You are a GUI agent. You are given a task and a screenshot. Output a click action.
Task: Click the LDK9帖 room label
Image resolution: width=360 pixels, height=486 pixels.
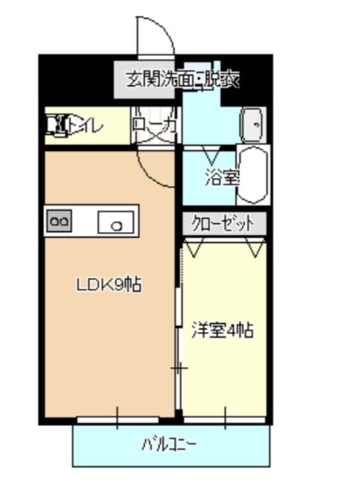tap(109, 284)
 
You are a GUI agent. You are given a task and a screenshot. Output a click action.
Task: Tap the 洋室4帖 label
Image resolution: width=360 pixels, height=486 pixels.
tap(223, 331)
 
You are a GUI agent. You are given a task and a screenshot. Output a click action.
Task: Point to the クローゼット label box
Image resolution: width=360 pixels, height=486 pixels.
tap(223, 224)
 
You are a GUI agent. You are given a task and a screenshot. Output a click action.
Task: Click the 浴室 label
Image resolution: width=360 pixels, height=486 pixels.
tap(222, 178)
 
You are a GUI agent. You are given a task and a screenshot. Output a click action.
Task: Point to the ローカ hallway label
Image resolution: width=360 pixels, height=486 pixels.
tap(154, 126)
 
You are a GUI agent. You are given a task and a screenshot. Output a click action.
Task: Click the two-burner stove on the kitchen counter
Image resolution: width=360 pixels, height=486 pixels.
tap(59, 222)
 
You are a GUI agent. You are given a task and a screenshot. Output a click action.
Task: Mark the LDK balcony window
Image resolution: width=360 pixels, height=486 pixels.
tap(117, 419)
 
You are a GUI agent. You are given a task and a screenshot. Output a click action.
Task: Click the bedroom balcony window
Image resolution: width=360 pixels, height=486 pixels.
tap(224, 419)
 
